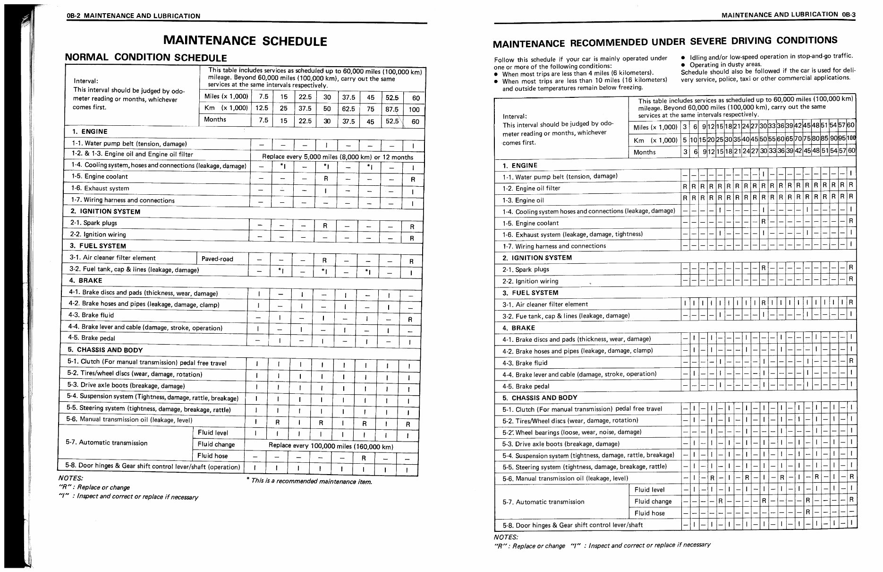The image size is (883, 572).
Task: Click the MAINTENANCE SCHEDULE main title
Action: [245, 41]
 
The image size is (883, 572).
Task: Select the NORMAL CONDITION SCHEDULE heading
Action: [145, 58]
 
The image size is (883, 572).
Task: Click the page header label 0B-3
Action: [848, 15]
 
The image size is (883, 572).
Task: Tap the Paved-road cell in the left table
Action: [217, 259]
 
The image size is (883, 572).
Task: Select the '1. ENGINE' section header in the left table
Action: [90, 131]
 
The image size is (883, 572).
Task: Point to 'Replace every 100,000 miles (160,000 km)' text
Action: [331, 446]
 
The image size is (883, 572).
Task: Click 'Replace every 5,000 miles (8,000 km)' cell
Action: [337, 157]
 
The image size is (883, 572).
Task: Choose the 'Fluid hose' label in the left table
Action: [212, 456]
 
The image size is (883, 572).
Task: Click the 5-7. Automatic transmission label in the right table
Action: [543, 502]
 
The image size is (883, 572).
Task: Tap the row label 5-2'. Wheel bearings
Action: [571, 433]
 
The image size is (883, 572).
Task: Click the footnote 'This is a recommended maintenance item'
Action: [309, 482]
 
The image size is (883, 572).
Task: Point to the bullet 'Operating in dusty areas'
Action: [725, 64]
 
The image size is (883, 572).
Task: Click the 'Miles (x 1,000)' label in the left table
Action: [226, 96]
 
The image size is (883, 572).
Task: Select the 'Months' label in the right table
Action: [645, 152]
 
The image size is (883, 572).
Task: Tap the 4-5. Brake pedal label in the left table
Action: [92, 338]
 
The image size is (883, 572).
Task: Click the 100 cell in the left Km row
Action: [414, 110]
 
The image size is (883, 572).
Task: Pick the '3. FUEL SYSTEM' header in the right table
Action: [530, 293]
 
